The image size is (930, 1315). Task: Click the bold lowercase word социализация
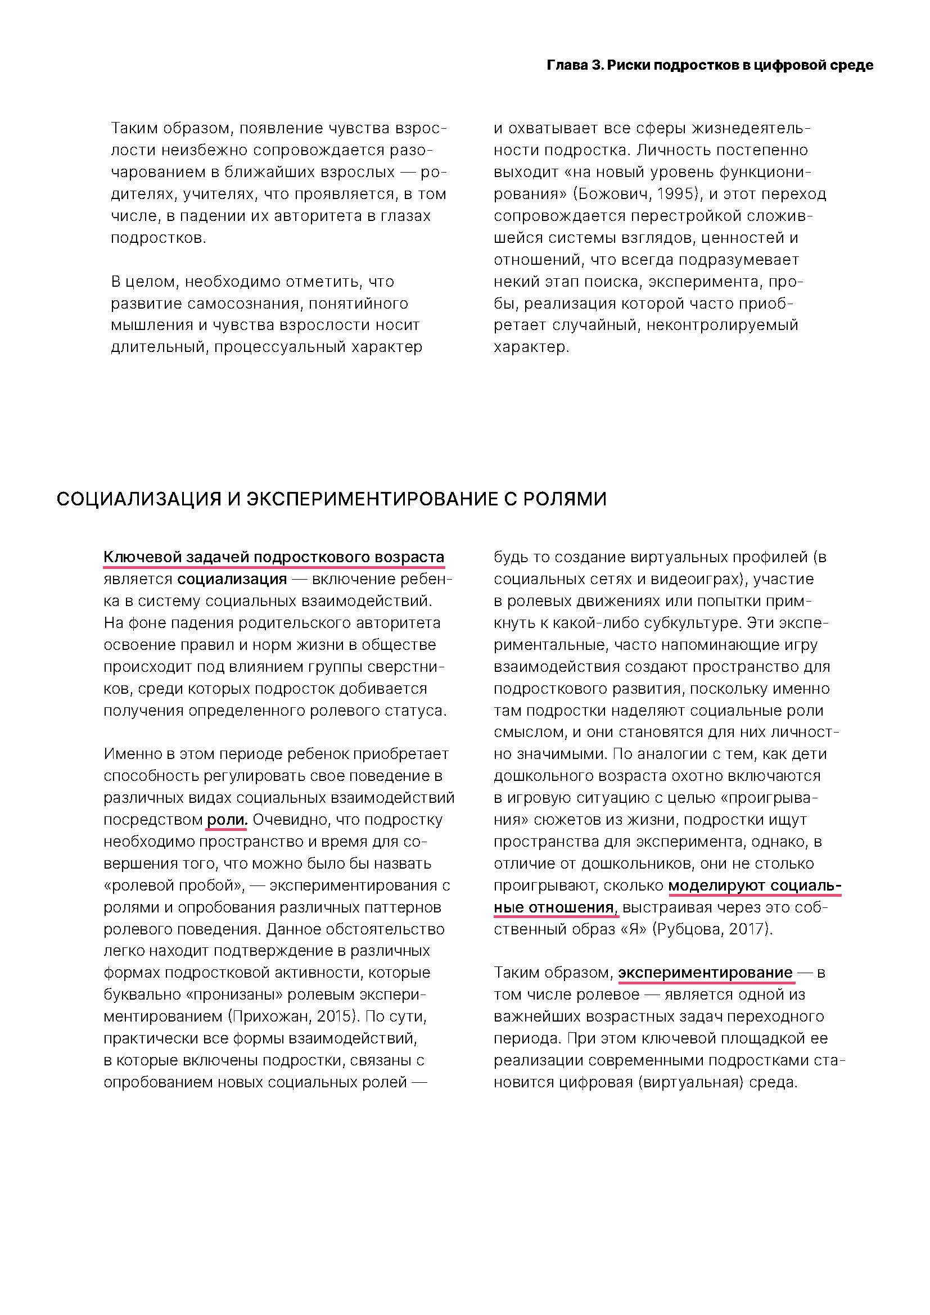[x=232, y=579]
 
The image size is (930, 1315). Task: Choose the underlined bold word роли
[x=226, y=820]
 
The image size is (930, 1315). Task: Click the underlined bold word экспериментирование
[x=705, y=973]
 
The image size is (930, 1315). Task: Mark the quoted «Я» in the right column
[x=634, y=929]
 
